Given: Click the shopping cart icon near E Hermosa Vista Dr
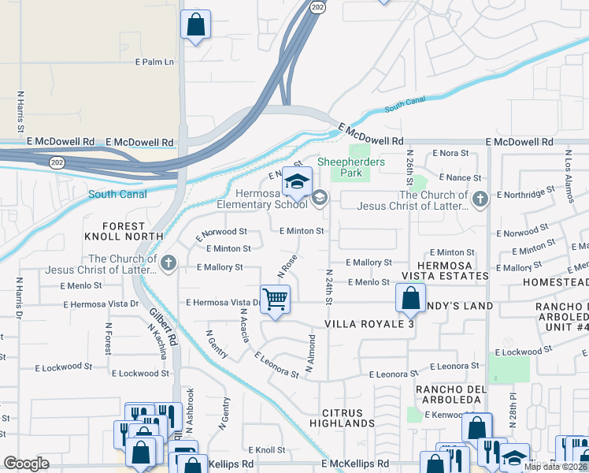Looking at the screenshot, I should pos(276,300).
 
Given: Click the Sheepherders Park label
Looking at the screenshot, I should pos(351,162).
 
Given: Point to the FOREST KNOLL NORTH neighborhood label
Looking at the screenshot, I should pos(124,231).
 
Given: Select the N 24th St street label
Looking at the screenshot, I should pos(330,289).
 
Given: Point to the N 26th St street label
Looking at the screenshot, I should pos(409,165).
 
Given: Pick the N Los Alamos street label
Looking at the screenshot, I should pos(566,169).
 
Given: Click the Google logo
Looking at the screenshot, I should pos(26,464).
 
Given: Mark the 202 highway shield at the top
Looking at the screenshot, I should pos(317,6).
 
